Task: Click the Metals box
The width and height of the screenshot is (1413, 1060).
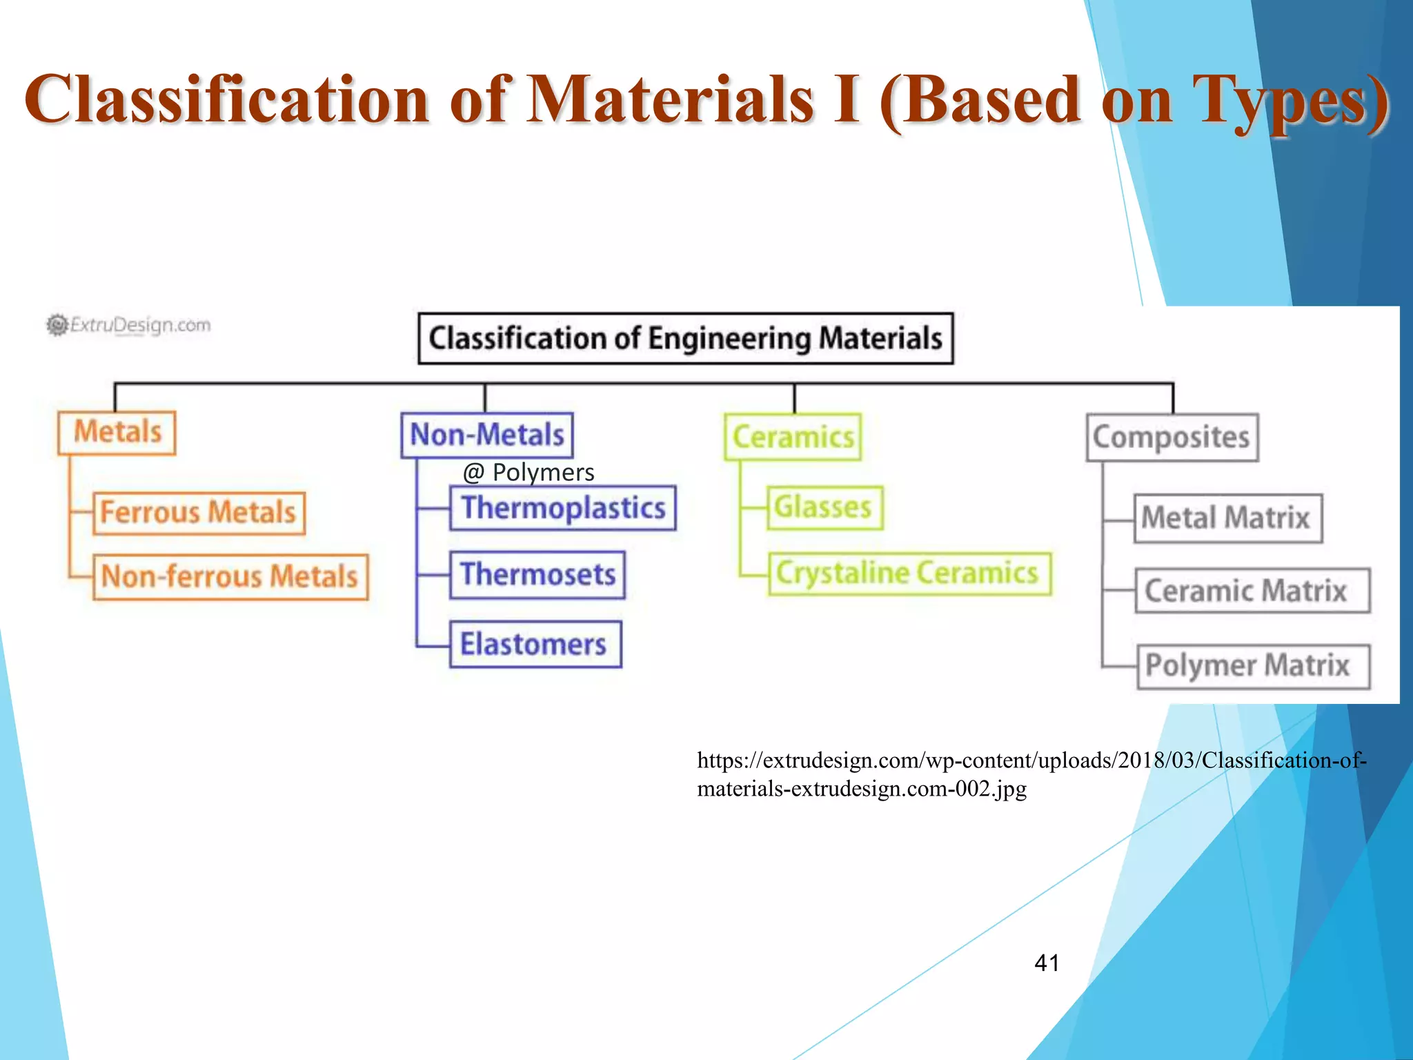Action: tap(117, 433)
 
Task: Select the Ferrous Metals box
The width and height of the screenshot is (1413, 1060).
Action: tap(199, 513)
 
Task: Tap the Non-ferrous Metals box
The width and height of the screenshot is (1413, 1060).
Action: tap(230, 577)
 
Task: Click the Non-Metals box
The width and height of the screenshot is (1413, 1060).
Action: tap(487, 435)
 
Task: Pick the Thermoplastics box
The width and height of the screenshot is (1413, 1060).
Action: tap(563, 508)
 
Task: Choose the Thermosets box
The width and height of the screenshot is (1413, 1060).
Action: tap(537, 575)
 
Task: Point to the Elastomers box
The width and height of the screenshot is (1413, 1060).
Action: tap(535, 645)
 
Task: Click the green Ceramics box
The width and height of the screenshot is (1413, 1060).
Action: tap(793, 437)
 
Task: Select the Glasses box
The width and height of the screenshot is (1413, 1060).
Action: tap(824, 507)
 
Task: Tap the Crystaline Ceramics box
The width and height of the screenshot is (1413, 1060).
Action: tap(909, 573)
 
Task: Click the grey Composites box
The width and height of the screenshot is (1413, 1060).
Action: tap(1172, 438)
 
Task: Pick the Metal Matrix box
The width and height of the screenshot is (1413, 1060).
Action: tap(1227, 518)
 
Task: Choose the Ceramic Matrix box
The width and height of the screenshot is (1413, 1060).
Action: tap(1252, 591)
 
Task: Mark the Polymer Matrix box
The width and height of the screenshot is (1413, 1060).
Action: tap(1253, 667)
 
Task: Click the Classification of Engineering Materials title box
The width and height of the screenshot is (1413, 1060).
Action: tap(685, 339)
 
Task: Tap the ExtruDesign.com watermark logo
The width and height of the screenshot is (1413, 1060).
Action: tap(129, 325)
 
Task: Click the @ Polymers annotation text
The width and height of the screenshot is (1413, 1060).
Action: tap(528, 473)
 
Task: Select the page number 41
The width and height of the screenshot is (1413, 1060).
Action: tap(1047, 963)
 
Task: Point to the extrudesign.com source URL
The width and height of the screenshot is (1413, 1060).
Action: tap(1031, 774)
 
